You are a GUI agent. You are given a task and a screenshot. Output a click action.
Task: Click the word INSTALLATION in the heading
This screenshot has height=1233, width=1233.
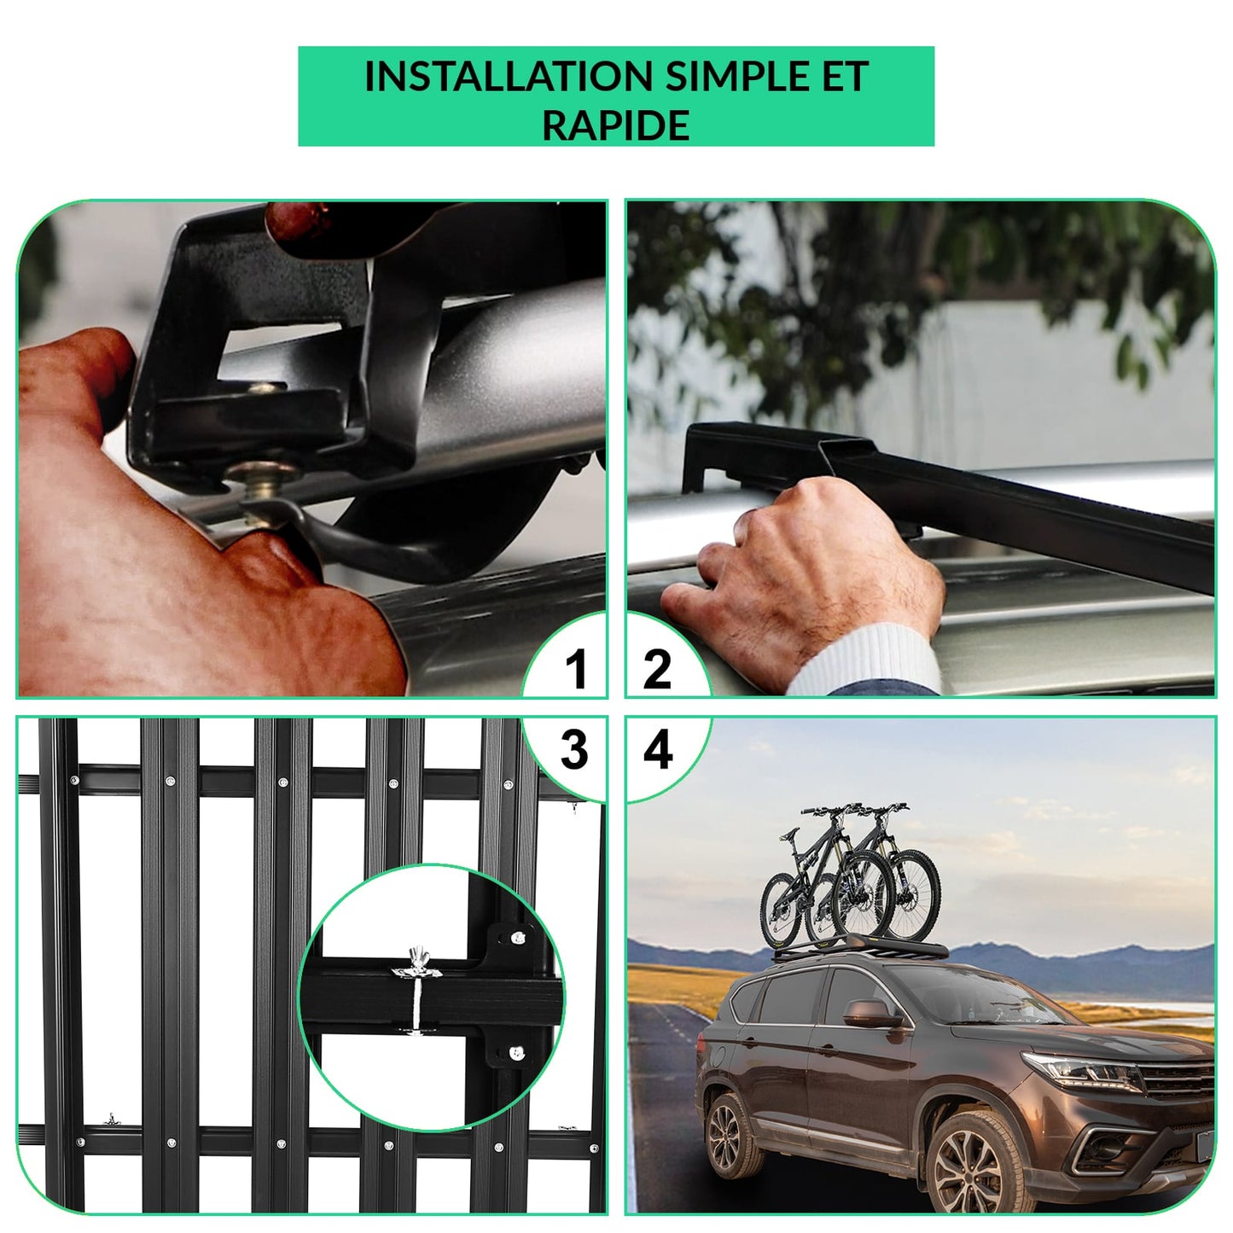pyautogui.click(x=508, y=76)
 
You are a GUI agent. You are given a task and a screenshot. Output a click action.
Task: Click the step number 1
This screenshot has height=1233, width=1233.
pyautogui.click(x=576, y=669)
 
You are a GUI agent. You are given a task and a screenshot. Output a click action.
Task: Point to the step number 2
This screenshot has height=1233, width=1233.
pyautogui.click(x=657, y=669)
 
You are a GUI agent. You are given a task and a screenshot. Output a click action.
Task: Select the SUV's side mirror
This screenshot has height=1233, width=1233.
pyautogui.click(x=871, y=1014)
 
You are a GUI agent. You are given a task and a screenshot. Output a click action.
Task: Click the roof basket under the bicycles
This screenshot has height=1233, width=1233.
pyautogui.click(x=858, y=951)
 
